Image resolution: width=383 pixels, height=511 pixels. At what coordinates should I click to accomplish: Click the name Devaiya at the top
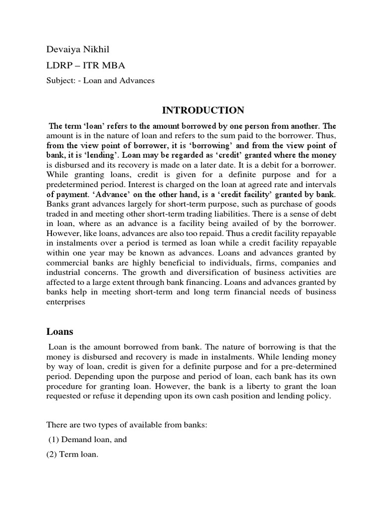click(x=62, y=49)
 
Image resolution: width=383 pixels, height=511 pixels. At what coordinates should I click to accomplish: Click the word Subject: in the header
click(x=59, y=80)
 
